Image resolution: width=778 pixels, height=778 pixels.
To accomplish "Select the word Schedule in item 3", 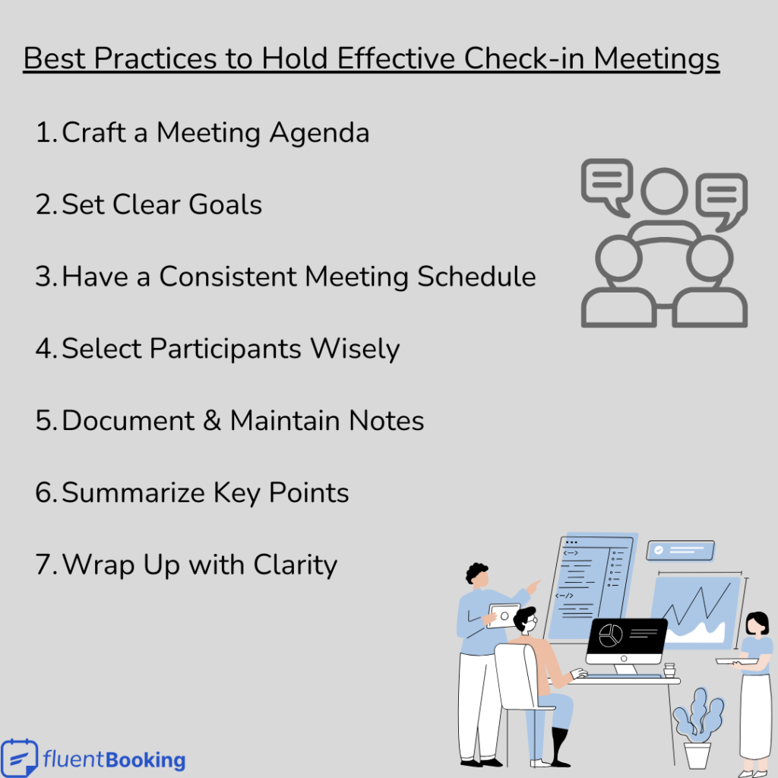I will point(477,277).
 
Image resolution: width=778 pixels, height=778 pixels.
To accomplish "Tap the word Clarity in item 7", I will point(295,565).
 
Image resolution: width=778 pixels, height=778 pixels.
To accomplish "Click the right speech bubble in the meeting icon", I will point(722,199).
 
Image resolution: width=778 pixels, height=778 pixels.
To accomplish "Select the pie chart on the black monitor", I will point(610,635).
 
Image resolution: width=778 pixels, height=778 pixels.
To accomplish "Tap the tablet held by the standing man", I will point(503,614).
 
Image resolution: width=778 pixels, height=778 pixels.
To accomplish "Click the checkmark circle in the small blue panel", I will point(659,549).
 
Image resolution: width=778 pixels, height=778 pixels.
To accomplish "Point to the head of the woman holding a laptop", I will point(757,624).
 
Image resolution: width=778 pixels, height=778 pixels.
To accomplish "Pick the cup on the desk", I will point(669,671).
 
